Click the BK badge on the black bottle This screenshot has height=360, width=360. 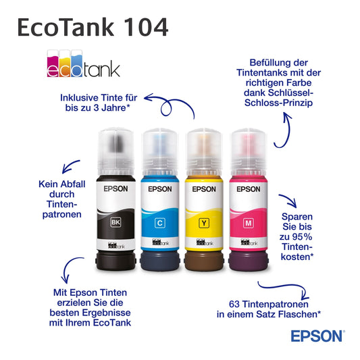point(115,222)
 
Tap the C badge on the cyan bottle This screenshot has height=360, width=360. point(160,223)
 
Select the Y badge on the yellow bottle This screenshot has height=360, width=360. point(204,223)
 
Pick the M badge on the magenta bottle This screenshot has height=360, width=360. point(249,223)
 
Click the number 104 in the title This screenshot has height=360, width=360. point(147,27)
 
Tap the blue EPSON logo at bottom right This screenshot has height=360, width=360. point(317,336)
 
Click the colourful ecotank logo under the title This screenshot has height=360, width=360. point(83,63)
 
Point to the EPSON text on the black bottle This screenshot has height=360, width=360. point(115,188)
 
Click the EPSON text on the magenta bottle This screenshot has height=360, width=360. point(249,189)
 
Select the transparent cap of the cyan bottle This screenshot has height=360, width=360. point(160,152)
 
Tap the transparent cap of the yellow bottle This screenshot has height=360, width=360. point(204,152)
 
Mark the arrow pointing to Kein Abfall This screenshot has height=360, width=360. point(70,165)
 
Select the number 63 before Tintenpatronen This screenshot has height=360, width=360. point(234,304)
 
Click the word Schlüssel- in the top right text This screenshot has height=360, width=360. point(290,93)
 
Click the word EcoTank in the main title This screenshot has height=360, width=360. point(66,27)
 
